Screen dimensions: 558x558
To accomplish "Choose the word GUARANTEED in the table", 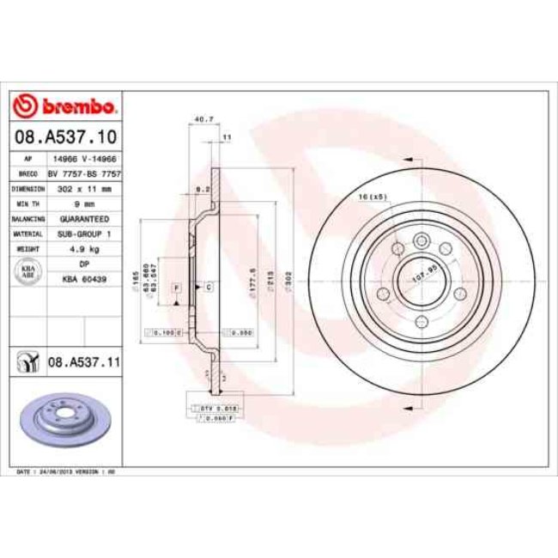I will pyautogui.click(x=83, y=219).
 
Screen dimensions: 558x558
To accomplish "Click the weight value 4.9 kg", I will pyautogui.click(x=83, y=249).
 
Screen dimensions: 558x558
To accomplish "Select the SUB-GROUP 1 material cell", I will pyautogui.click(x=83, y=234).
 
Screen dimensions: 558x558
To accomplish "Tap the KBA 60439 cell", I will pyautogui.click(x=83, y=279).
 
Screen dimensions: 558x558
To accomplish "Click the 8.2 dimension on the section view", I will pyautogui.click(x=203, y=186).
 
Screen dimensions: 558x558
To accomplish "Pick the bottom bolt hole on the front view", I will pyautogui.click(x=421, y=322).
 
